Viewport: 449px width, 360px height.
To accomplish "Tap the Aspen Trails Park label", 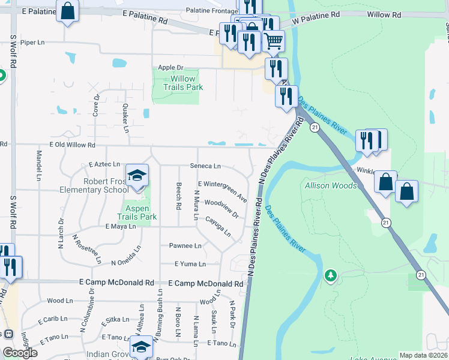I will click(x=136, y=212).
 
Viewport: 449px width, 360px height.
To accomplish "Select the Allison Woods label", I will click(x=331, y=185).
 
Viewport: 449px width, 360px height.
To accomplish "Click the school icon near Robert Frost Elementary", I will click(x=137, y=175).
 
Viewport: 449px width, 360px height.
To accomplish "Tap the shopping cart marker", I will click(x=273, y=41).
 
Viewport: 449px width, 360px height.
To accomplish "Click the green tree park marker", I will click(x=330, y=275).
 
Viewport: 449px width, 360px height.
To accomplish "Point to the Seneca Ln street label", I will click(x=205, y=166).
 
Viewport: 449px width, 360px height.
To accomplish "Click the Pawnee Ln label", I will click(x=185, y=245).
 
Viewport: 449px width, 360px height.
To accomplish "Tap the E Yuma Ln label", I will click(x=190, y=264).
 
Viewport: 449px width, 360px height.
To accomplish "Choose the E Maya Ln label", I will click(x=121, y=227).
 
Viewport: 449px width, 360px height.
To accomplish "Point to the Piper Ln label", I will click(x=32, y=43).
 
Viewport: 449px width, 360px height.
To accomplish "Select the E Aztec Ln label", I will click(x=104, y=164).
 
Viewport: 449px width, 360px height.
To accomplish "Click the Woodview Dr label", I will click(x=221, y=208).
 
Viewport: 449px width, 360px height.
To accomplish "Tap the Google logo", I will click(x=20, y=353).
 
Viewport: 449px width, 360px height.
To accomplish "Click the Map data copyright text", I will click(x=424, y=355).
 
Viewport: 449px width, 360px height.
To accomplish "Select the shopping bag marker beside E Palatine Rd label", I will click(x=68, y=10).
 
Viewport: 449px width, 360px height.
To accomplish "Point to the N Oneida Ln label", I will click(x=126, y=262).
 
